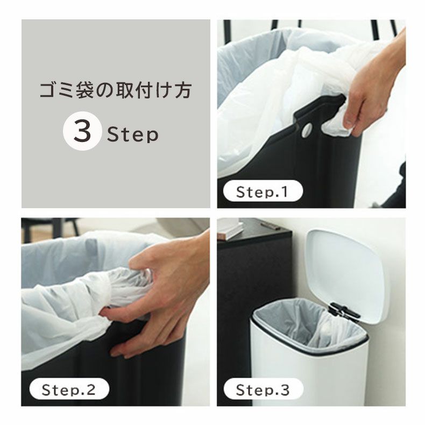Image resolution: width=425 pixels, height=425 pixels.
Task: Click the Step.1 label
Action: [x=261, y=192]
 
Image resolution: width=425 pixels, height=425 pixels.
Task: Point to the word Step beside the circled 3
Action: [x=132, y=133]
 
